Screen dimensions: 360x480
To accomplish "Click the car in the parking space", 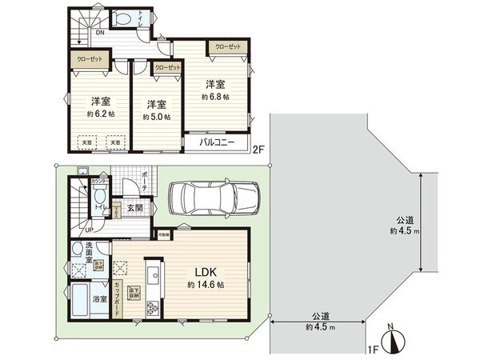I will click(x=214, y=197).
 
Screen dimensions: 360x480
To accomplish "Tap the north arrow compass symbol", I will click(x=392, y=342).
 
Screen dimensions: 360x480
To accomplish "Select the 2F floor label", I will click(x=258, y=149).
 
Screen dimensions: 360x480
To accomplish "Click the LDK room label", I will click(x=204, y=271).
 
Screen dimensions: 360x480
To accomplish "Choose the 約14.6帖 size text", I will click(x=205, y=285).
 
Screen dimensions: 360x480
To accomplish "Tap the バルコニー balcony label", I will click(x=218, y=142).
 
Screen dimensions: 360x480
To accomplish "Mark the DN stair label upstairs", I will click(x=99, y=34).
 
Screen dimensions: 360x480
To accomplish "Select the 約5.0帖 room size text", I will click(x=157, y=117).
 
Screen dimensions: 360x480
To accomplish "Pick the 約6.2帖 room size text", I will click(x=99, y=115).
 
